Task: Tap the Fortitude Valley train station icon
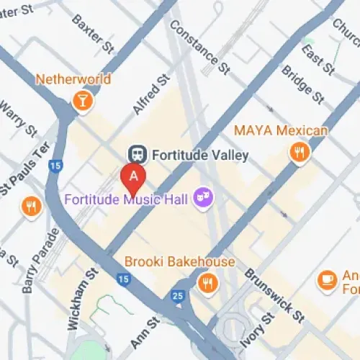click(135, 154)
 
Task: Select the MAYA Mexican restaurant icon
click(299, 151)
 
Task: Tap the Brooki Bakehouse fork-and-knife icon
click(208, 283)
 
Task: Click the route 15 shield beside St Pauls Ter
click(55, 166)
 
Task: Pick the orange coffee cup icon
click(327, 280)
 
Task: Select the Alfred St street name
click(150, 94)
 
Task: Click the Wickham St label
click(81, 298)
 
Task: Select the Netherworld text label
click(73, 78)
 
